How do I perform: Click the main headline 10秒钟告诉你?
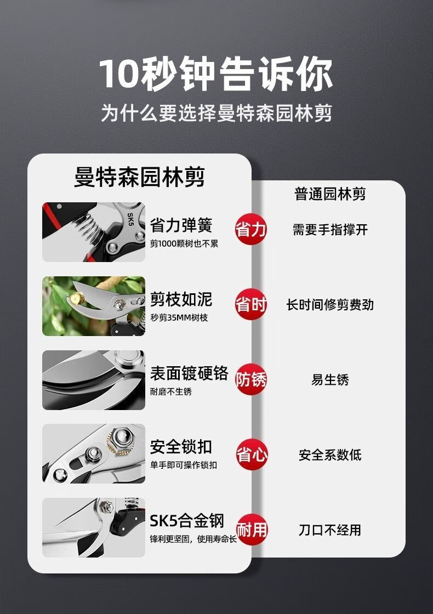pos(215,73)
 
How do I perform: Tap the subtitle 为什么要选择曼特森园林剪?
pos(216,113)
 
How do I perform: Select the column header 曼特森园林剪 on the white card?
pos(139,177)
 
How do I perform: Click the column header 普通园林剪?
pos(330,194)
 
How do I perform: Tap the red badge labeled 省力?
pos(250,230)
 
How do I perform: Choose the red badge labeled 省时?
pos(250,304)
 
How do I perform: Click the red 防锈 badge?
pos(250,379)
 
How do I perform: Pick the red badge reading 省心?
pos(252,454)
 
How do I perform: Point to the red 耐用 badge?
pos(252,530)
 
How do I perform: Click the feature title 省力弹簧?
pos(181,225)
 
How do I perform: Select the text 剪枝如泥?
pos(181,299)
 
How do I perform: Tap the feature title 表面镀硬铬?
pos(189,373)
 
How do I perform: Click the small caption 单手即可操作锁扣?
pos(183,465)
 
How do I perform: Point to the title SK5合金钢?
pos(187,521)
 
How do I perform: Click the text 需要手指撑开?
pos(330,230)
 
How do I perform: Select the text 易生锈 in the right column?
pos(330,379)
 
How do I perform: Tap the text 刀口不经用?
pos(330,530)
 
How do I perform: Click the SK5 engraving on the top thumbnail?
pos(130,219)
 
